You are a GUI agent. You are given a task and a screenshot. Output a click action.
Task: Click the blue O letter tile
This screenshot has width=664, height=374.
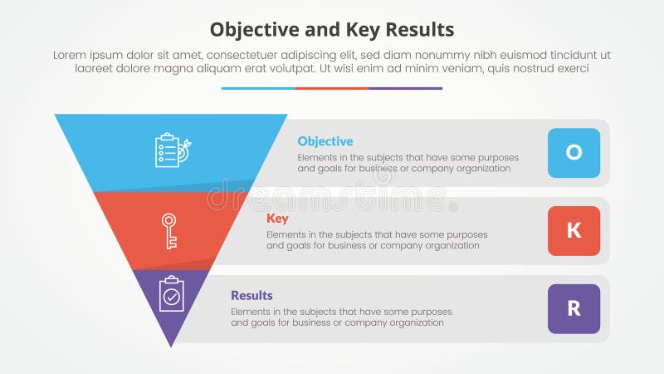[574, 153]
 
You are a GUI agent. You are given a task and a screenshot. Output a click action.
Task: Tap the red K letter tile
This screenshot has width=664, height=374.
[574, 231]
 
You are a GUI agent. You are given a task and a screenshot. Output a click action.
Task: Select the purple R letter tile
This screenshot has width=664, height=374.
[574, 308]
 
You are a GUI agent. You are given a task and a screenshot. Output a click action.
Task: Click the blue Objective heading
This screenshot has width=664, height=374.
[325, 141]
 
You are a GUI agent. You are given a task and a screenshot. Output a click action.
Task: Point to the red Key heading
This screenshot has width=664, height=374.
[276, 219]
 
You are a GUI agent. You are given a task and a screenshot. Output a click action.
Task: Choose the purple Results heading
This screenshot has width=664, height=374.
[251, 296]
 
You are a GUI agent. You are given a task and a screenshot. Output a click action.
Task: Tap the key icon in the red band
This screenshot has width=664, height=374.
[169, 230]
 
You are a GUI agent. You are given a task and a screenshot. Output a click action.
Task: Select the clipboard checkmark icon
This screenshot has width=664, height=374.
[172, 294]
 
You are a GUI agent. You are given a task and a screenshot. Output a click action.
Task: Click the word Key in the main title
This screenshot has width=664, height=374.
[358, 30]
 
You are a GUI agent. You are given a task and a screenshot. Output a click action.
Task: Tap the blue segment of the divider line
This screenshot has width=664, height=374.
[258, 88]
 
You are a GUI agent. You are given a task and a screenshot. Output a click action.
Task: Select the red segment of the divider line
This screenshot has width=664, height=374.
[332, 88]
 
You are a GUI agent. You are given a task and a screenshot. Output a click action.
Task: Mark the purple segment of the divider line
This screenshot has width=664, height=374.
[405, 88]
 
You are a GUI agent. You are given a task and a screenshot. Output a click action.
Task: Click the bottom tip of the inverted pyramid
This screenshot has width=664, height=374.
[171, 343]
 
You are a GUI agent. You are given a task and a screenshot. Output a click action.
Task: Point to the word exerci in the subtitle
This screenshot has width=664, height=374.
[570, 69]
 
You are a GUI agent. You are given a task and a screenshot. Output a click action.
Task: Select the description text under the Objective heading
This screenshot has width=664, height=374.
[408, 163]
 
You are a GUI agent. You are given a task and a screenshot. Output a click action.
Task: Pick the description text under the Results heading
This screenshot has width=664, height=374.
[341, 317]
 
